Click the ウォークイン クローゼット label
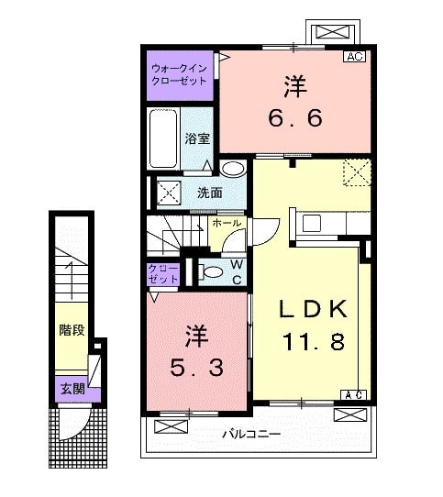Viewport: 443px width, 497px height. (181, 74)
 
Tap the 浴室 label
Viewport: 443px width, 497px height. (197, 139)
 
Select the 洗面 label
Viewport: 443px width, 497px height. (209, 193)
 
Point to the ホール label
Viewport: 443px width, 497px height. (227, 223)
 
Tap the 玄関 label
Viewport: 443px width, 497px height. (72, 388)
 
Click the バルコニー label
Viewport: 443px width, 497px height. (249, 432)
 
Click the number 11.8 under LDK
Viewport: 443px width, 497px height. (312, 342)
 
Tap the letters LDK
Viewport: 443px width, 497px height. (312, 309)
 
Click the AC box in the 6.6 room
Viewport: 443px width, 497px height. (355, 57)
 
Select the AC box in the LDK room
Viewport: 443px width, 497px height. (354, 395)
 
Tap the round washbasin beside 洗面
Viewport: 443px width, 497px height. (233, 169)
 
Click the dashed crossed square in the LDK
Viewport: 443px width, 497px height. (355, 172)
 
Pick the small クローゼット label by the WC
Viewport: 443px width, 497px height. (165, 273)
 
